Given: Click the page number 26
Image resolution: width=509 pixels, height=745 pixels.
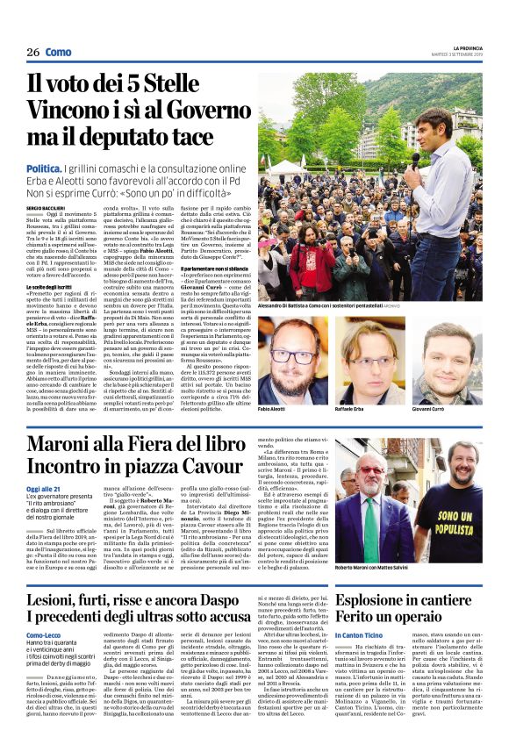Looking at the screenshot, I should click(32, 52).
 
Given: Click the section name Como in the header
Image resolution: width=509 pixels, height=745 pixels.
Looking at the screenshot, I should click(59, 52).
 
